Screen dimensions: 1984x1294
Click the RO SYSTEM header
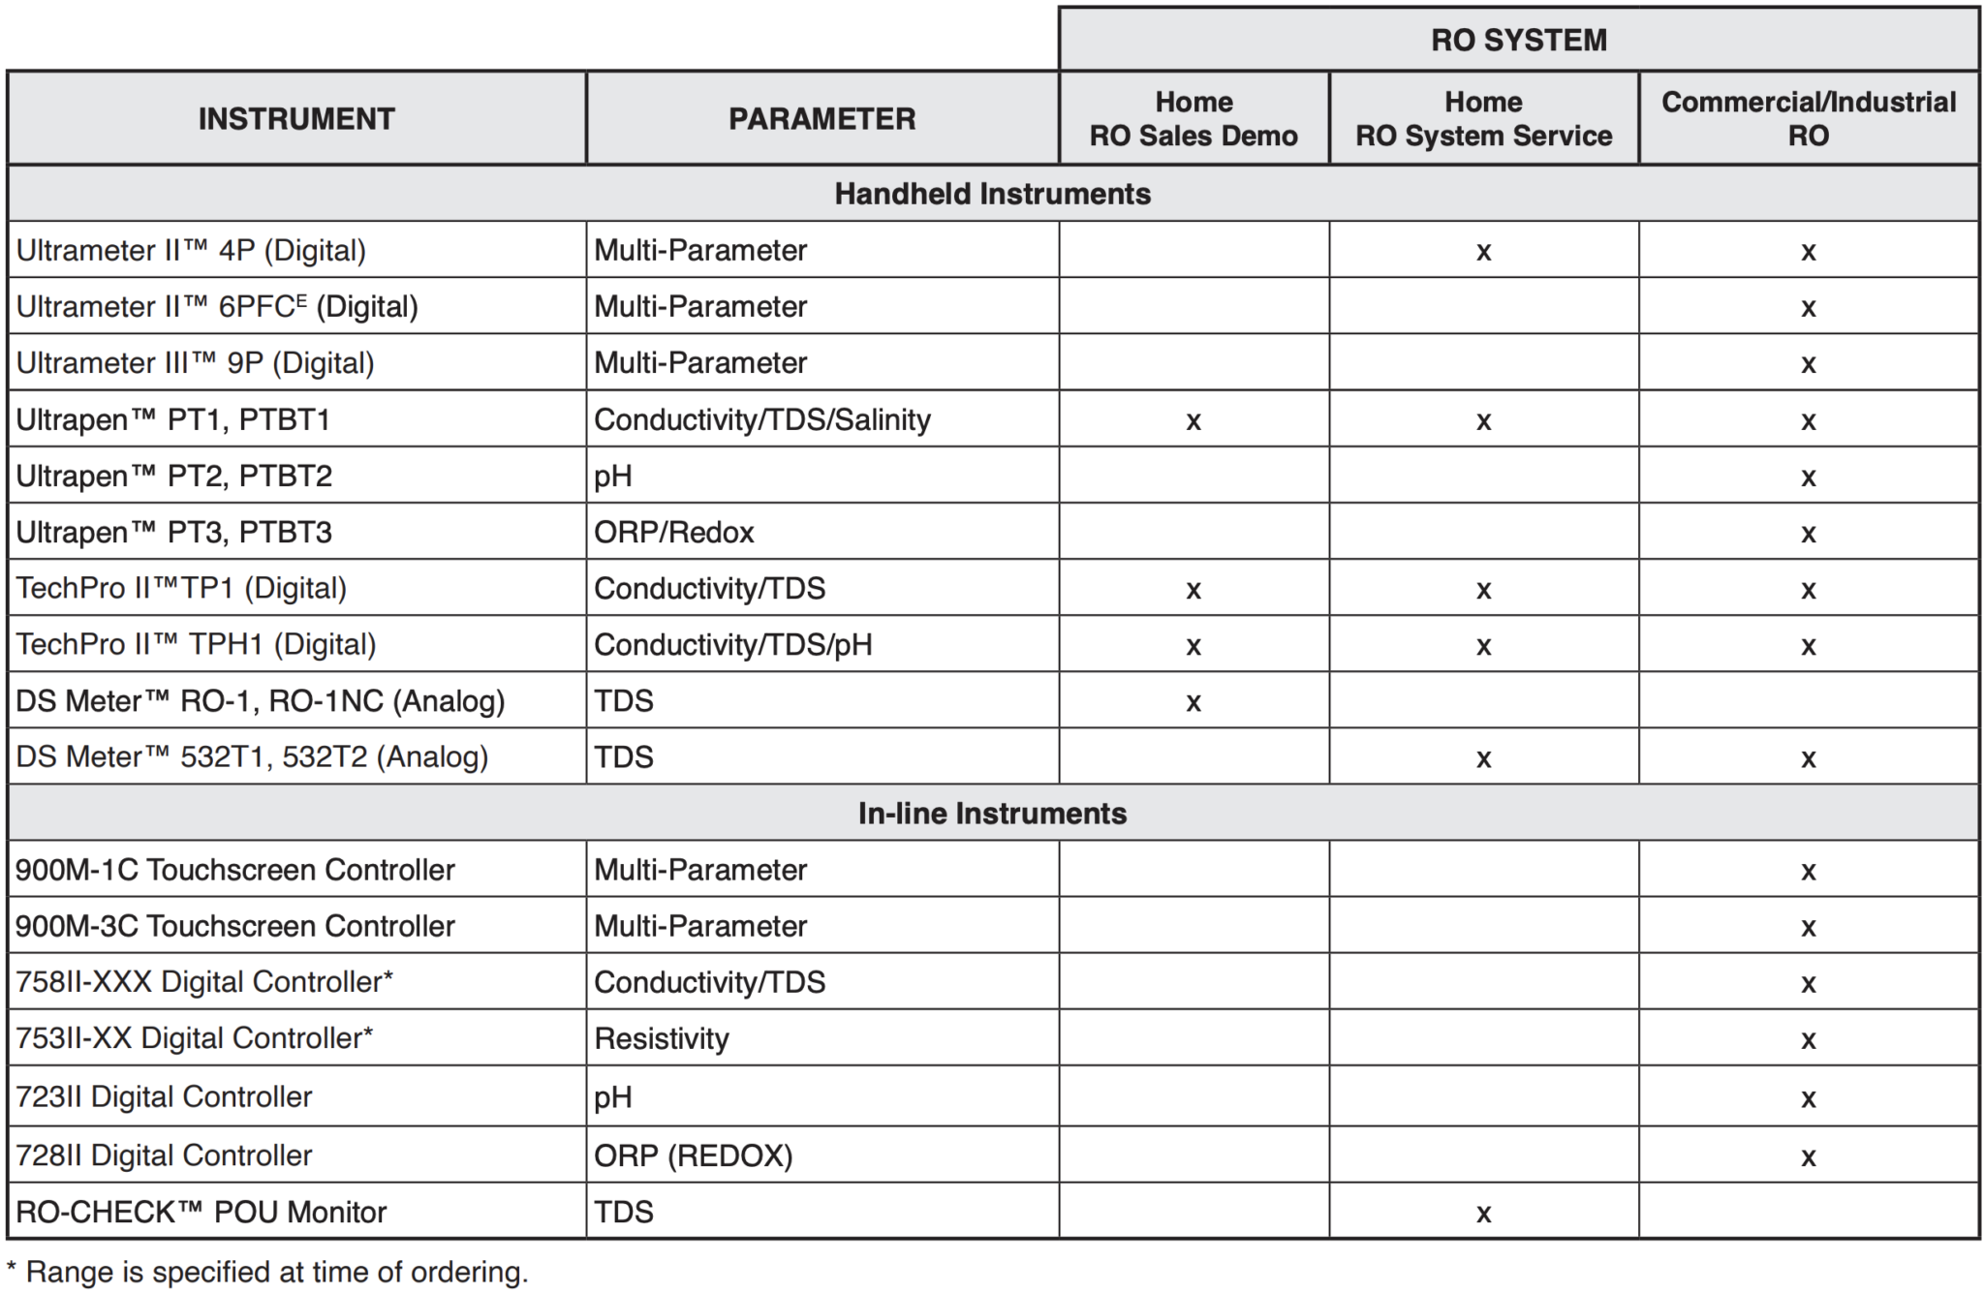click(1518, 40)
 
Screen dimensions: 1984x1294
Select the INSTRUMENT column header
click(296, 118)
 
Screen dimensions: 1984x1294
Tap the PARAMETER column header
click(821, 118)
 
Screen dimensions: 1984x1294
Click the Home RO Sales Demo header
click(1193, 118)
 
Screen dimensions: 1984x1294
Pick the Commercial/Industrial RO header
click(1808, 118)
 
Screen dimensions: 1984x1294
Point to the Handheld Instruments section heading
click(992, 194)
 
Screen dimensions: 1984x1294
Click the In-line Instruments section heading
click(992, 813)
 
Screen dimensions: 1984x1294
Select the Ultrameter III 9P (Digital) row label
click(195, 363)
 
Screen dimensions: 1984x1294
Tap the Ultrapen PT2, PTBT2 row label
click(174, 476)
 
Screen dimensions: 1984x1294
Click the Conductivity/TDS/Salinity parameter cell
click(761, 419)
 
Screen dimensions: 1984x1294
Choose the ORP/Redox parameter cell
click(673, 532)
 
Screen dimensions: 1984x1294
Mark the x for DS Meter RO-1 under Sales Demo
click(1193, 702)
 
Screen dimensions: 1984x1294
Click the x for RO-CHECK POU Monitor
click(1483, 1214)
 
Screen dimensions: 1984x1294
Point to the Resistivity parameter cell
click(661, 1038)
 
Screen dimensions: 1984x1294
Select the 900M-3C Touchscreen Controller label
click(235, 926)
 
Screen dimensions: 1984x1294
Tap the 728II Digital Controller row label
click(164, 1155)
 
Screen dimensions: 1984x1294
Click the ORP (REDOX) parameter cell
click(693, 1155)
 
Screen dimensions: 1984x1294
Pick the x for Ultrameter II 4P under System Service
click(1483, 253)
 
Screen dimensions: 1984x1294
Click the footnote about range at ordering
click(267, 1272)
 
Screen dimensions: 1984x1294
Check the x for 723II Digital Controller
click(1808, 1098)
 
